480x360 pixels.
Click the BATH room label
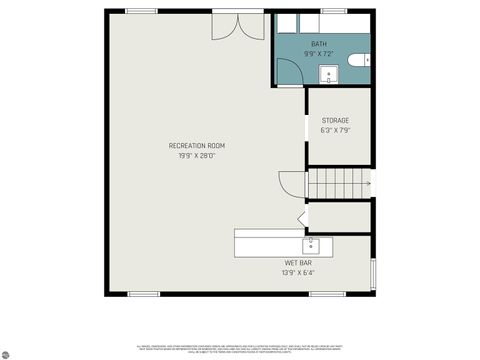[318, 44]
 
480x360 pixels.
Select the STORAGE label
[335, 121]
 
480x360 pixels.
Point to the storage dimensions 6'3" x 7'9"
[335, 130]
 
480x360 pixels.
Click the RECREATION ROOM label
[189, 146]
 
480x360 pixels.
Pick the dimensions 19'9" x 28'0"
[189, 155]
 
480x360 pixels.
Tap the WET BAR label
[299, 263]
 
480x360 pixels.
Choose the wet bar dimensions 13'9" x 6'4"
[299, 272]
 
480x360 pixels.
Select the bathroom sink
[329, 74]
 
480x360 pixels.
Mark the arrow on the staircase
[371, 184]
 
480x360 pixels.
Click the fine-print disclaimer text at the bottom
[240, 345]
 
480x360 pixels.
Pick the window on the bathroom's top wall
[333, 11]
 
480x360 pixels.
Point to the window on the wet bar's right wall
[373, 272]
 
